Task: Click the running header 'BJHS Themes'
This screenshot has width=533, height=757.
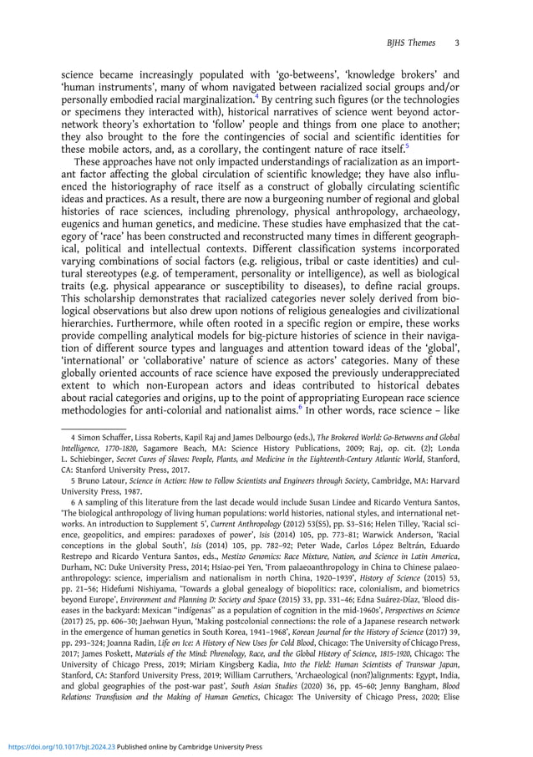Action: point(414,42)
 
